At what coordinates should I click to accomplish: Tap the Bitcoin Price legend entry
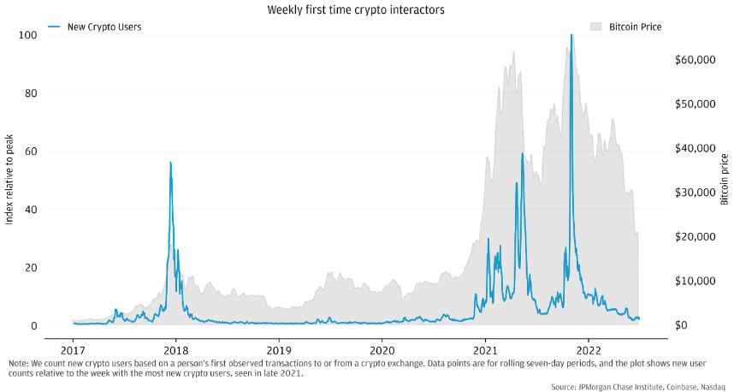pos(634,27)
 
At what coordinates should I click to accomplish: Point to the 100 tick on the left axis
pos(28,35)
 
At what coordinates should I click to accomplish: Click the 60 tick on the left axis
pos(31,151)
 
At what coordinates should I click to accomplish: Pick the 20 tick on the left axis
pos(31,268)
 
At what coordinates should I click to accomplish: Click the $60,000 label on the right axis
pos(694,59)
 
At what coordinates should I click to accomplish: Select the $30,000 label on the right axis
pos(694,193)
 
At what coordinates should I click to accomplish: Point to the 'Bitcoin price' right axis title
pos(725,180)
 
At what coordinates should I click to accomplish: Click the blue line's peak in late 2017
pos(170,163)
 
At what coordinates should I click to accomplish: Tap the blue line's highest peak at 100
pos(571,36)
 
